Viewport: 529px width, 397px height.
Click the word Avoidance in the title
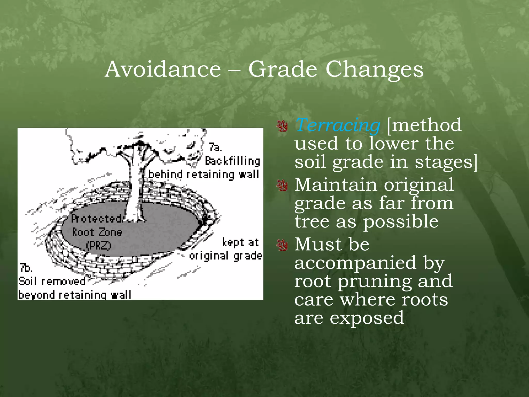[x=163, y=69]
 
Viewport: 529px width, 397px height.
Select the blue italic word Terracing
[x=337, y=125]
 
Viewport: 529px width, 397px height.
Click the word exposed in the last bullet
[x=367, y=318]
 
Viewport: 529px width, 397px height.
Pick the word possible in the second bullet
[x=400, y=222]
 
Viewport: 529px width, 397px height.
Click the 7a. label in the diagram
[x=215, y=147]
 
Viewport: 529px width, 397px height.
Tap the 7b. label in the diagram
[x=26, y=268]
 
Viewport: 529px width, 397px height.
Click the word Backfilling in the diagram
[x=232, y=161]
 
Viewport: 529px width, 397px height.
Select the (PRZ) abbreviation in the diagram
[x=98, y=245]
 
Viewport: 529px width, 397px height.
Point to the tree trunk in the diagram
[x=135, y=191]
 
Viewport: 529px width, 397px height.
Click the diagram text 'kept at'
[x=240, y=242]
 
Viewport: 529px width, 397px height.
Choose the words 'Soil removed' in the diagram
[x=52, y=281]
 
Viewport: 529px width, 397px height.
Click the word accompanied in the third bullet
[x=355, y=263]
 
